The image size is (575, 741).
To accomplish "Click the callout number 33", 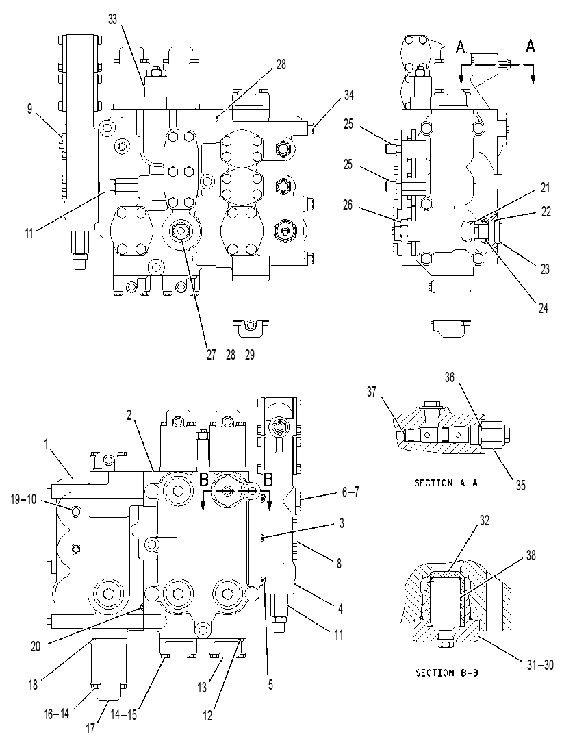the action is [x=112, y=19].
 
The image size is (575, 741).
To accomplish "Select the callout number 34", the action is [x=348, y=95].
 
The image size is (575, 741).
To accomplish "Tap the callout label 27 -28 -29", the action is [x=231, y=355].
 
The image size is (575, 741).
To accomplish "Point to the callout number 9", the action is [x=29, y=109].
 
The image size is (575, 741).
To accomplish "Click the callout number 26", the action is [x=348, y=205].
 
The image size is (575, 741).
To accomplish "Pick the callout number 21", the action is [x=546, y=188].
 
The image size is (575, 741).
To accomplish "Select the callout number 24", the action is [x=544, y=307].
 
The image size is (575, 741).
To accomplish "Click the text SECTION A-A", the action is [x=446, y=483].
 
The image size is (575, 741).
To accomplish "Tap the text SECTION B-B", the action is [x=446, y=673].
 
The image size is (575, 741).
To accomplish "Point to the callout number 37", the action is [x=372, y=391].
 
